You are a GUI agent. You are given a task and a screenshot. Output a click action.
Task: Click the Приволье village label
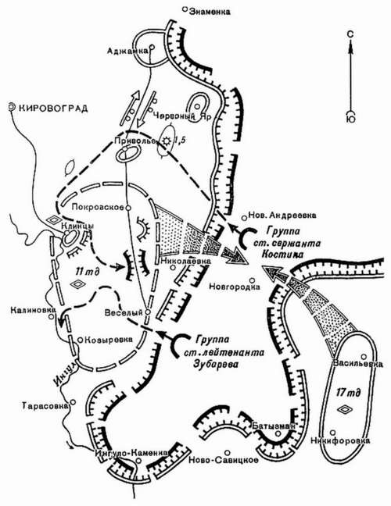click(134, 141)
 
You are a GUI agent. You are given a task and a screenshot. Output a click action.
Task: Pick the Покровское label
click(94, 208)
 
